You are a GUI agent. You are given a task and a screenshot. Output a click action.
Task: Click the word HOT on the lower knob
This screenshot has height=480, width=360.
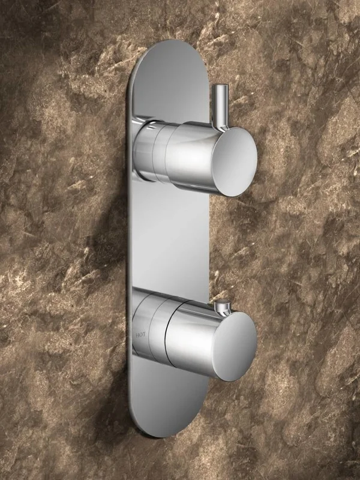[x=140, y=335]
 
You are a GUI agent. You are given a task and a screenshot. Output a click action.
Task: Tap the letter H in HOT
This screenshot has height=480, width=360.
[x=137, y=335]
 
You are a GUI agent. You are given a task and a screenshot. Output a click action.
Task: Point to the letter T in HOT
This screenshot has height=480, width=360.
[x=144, y=335]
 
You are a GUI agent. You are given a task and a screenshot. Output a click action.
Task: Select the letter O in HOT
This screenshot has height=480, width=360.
[x=141, y=335]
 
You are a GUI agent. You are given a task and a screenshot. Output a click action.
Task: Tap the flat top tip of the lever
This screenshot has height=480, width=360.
[x=220, y=86]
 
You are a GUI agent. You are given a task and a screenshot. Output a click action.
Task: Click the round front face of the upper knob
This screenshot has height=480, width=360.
[x=235, y=161]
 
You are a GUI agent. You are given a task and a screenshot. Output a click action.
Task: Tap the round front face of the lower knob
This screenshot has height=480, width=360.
[x=235, y=347]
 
